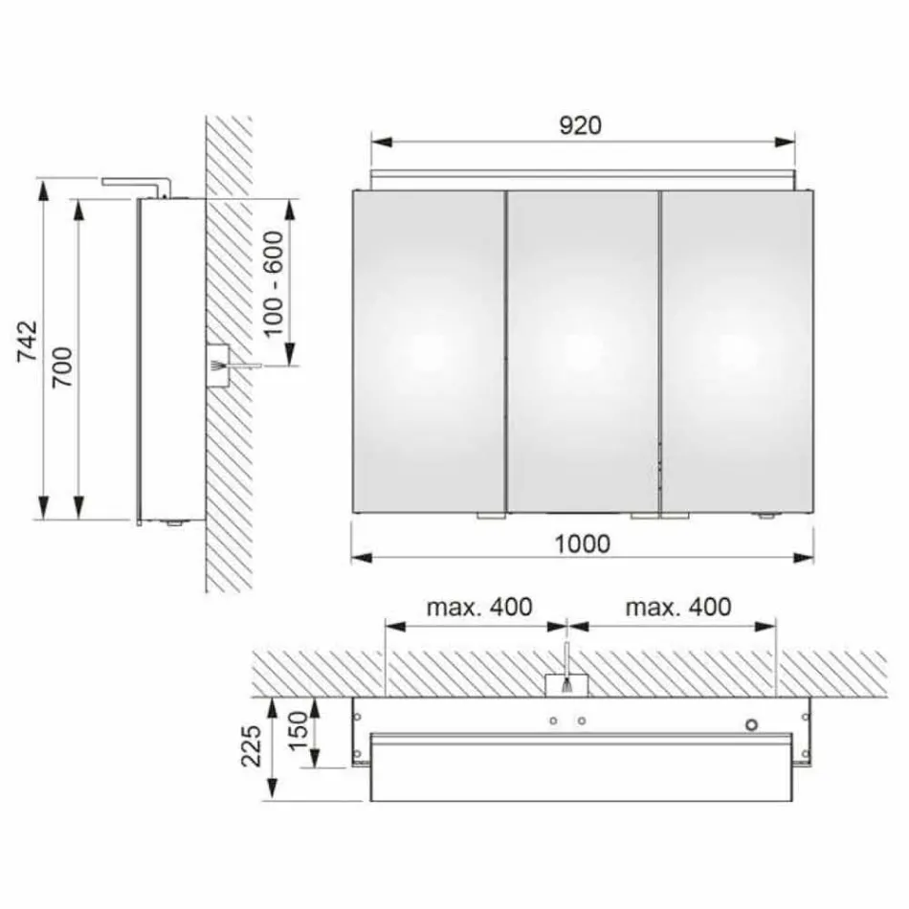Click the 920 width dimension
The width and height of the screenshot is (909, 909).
pyautogui.click(x=582, y=125)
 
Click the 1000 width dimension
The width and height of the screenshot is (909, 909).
pyautogui.click(x=582, y=543)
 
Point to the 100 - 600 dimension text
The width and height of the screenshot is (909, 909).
pyautogui.click(x=276, y=284)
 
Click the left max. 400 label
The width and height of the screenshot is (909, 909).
pyautogui.click(x=478, y=607)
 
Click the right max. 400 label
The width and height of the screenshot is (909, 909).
pyautogui.click(x=678, y=607)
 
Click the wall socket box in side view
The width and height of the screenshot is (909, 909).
pyautogui.click(x=217, y=365)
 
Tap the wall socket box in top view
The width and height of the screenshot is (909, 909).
pyautogui.click(x=567, y=685)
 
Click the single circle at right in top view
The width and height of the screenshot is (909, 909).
pyautogui.click(x=753, y=724)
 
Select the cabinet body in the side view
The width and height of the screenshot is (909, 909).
pyautogui.click(x=170, y=359)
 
